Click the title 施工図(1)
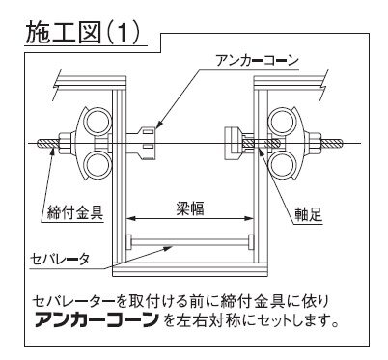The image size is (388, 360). pyautogui.click(x=83, y=33)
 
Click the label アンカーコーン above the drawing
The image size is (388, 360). pyautogui.click(x=258, y=60)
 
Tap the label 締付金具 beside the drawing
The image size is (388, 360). pyautogui.click(x=75, y=212)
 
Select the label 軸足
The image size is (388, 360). pyautogui.click(x=309, y=214)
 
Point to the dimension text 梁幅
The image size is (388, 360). pyautogui.click(x=190, y=208)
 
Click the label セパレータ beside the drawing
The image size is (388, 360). pyautogui.click(x=59, y=259)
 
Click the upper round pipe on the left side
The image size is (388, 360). pyautogui.click(x=96, y=123)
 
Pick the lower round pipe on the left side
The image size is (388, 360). pyautogui.click(x=96, y=165)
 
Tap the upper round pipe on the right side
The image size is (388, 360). pyautogui.click(x=282, y=123)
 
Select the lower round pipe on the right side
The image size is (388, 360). pyautogui.click(x=282, y=165)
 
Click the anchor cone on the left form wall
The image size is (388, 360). pyautogui.click(x=143, y=144)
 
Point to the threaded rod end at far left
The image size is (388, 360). pyautogui.click(x=48, y=144)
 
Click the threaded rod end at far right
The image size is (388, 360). pyautogui.click(x=331, y=144)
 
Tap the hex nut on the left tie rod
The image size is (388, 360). pyautogui.click(x=66, y=144)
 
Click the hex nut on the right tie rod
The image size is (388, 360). pyautogui.click(x=315, y=144)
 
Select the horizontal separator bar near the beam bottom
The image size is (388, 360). pyautogui.click(x=190, y=242)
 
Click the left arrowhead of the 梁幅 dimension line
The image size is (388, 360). pyautogui.click(x=129, y=219)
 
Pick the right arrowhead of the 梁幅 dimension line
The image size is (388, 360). pyautogui.click(x=250, y=219)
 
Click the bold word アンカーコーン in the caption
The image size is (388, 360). pyautogui.click(x=97, y=319)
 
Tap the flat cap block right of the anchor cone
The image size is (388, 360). pyautogui.click(x=233, y=144)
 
